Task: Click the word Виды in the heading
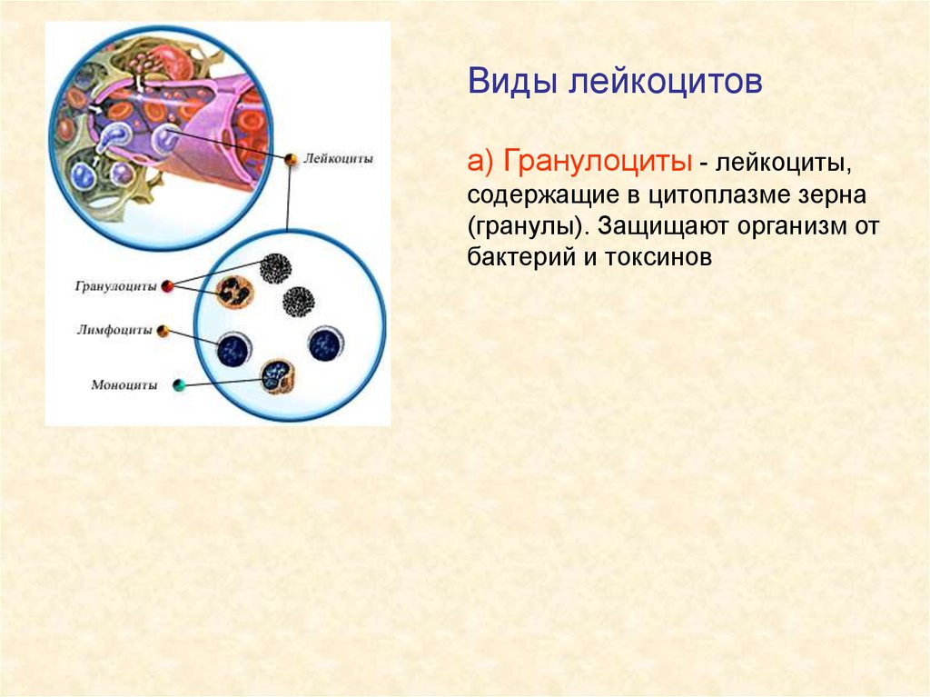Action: coord(512,82)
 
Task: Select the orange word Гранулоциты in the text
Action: coord(598,161)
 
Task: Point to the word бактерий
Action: coord(524,257)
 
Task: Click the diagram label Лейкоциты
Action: coord(338,158)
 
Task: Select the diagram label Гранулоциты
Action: coord(115,286)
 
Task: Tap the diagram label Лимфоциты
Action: coord(114,330)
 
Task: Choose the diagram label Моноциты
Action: coord(124,385)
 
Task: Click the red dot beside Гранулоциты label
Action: coord(168,286)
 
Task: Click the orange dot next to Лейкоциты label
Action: coord(291,159)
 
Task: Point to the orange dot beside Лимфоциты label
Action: coord(163,331)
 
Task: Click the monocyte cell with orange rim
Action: coord(278,376)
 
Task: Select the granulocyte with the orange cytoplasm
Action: coord(234,292)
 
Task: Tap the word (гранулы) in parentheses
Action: coord(528,227)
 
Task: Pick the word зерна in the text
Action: coord(835,195)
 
